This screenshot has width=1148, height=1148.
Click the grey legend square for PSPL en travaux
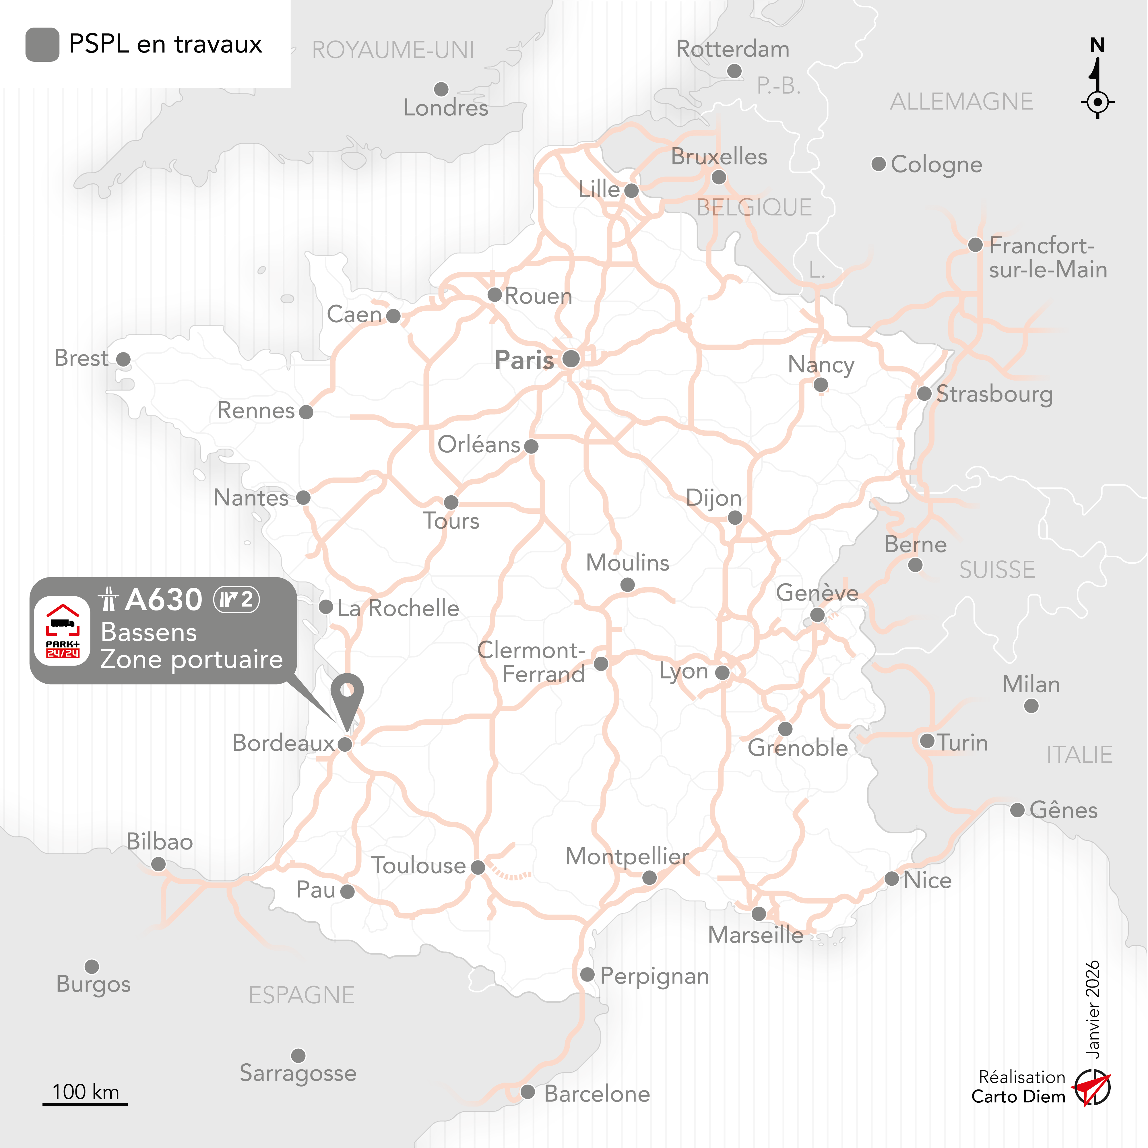click(42, 44)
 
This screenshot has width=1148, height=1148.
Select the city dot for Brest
click(124, 359)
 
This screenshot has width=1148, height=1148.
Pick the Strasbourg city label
click(994, 394)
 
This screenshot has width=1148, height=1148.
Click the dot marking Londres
click(441, 89)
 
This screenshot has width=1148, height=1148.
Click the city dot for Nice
click(891, 879)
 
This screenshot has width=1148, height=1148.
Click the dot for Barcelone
click(528, 1091)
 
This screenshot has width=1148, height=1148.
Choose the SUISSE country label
click(997, 570)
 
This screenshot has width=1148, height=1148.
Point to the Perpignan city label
click(654, 976)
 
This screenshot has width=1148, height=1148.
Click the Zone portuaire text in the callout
click(191, 660)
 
